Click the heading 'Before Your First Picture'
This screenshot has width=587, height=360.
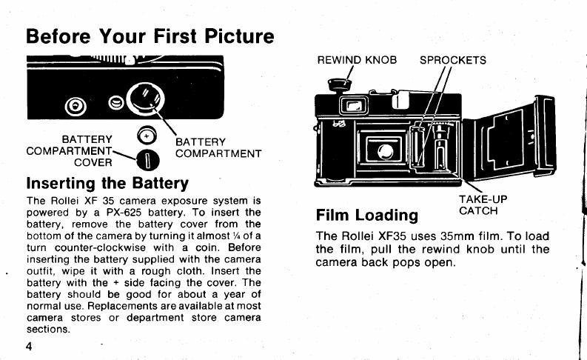pos(150,36)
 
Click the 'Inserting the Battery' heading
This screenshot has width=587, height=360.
pos(107,183)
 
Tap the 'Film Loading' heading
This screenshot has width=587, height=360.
pos(367,215)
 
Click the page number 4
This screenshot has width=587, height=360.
pos(29,346)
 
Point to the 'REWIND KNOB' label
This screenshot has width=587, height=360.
pos(357,60)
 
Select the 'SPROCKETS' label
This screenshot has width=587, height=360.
pos(452,60)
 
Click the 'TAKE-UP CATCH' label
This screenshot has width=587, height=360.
pos(483,205)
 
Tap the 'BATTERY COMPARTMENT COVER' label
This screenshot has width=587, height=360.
pos(70,151)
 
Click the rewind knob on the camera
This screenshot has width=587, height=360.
pos(340,85)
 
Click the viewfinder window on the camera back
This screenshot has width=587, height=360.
pos(354,106)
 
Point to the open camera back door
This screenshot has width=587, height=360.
pos(509,137)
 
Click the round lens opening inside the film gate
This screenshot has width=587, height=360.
pos(386,151)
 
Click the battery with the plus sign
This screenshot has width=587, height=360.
pos(147,136)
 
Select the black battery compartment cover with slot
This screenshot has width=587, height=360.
pos(147,160)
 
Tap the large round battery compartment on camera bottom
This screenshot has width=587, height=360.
pos(145,98)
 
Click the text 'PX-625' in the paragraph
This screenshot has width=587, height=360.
pos(124,213)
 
